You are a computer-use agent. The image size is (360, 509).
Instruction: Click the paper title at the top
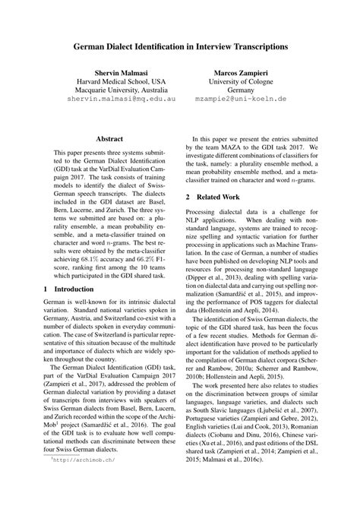[x=180, y=46]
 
